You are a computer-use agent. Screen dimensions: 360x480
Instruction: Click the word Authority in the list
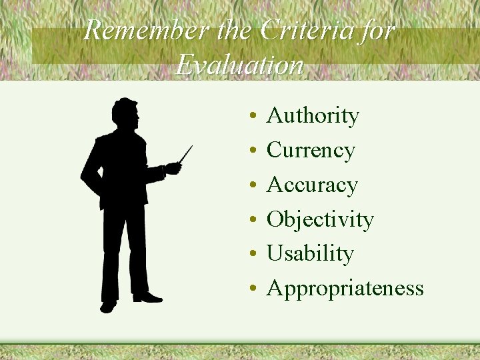312,116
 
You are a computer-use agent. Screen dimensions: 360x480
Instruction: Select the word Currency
310,151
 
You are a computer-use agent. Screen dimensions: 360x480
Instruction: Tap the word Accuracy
312,185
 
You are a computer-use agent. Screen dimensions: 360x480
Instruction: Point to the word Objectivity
320,219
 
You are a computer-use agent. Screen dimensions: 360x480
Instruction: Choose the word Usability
309,253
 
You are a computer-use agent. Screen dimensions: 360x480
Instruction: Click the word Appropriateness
345,288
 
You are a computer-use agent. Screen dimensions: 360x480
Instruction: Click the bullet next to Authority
254,117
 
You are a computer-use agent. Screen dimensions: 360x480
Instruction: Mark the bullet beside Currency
254,152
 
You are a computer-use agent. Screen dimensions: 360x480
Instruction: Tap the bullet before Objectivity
254,221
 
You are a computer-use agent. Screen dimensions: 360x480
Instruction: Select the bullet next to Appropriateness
254,289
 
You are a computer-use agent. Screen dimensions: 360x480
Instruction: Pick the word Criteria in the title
307,31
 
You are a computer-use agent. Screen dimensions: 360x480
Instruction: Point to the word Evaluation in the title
240,65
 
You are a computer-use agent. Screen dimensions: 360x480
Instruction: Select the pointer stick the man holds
186,154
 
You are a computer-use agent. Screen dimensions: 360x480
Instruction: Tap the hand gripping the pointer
173,167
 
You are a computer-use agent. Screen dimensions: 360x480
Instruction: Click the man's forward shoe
147,297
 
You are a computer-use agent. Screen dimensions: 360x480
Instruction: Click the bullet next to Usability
254,255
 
